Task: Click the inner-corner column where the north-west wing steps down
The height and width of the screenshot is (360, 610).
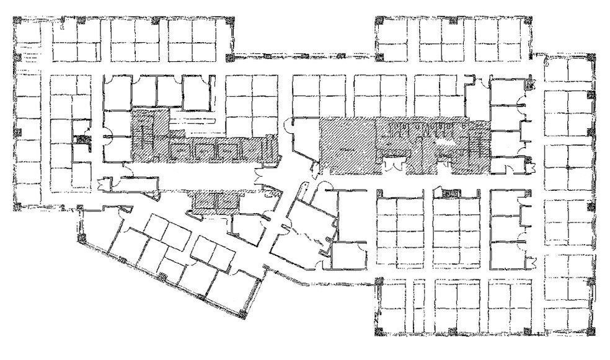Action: [229, 57]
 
